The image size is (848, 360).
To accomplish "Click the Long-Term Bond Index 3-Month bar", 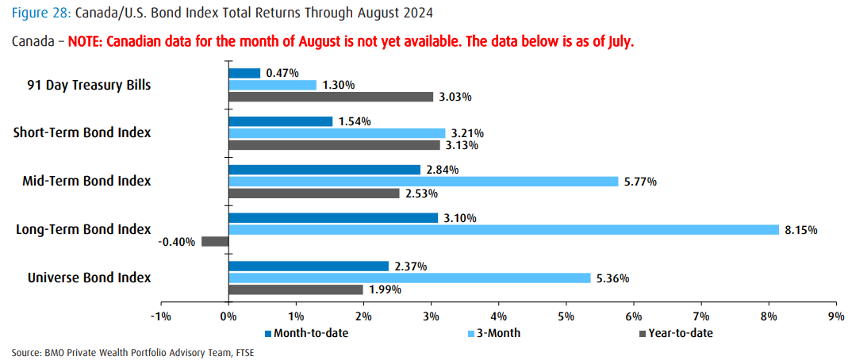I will point(503,230).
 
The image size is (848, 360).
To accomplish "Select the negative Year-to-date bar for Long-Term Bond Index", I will point(215,242).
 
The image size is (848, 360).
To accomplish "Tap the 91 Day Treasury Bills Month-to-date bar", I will point(244,73).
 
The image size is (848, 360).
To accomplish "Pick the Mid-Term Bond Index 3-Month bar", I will point(423,182).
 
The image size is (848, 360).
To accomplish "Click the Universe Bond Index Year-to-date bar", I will point(295,289).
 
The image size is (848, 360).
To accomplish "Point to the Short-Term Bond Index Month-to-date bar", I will point(280,121).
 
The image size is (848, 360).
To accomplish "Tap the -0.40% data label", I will point(178,242).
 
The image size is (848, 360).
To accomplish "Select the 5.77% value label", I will point(639,182).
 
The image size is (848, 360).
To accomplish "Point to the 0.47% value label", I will point(282,73).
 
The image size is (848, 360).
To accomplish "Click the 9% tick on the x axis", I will point(835,316).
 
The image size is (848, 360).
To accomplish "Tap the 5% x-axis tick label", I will point(566,316).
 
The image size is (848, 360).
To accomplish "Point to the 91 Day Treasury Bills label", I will point(90,84).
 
